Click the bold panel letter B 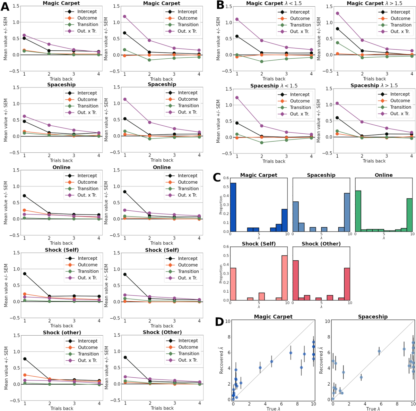pos(220,5)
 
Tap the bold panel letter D pos(219,321)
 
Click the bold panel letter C pos(217,177)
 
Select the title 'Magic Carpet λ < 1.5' pos(274,3)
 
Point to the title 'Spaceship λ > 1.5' pos(374,85)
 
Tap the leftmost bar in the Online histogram pos(358,211)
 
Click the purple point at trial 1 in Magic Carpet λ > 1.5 pos(337,13)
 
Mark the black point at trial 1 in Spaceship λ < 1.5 pos(237,123)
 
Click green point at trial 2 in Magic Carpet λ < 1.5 pos(262,61)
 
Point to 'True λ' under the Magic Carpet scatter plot pos(273,409)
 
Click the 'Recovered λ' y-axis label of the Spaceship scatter pos(321,360)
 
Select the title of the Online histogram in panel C pos(383,175)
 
